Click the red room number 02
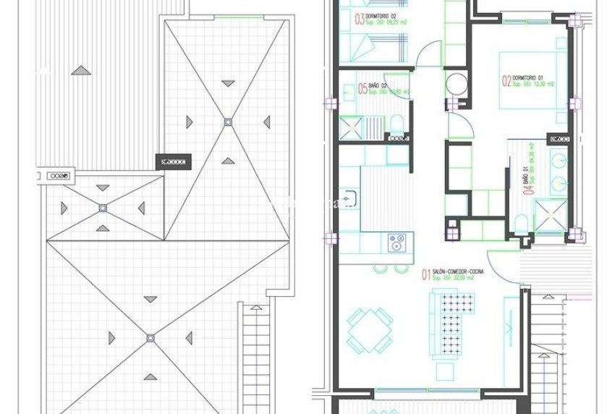[506, 80]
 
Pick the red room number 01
[426, 274]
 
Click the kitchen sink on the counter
[351, 196]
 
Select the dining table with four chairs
[369, 329]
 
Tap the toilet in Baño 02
[397, 124]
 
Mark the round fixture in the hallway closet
[457, 83]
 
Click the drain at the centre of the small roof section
[102, 208]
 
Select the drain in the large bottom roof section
[150, 337]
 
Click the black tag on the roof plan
[173, 161]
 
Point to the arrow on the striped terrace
[81, 71]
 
